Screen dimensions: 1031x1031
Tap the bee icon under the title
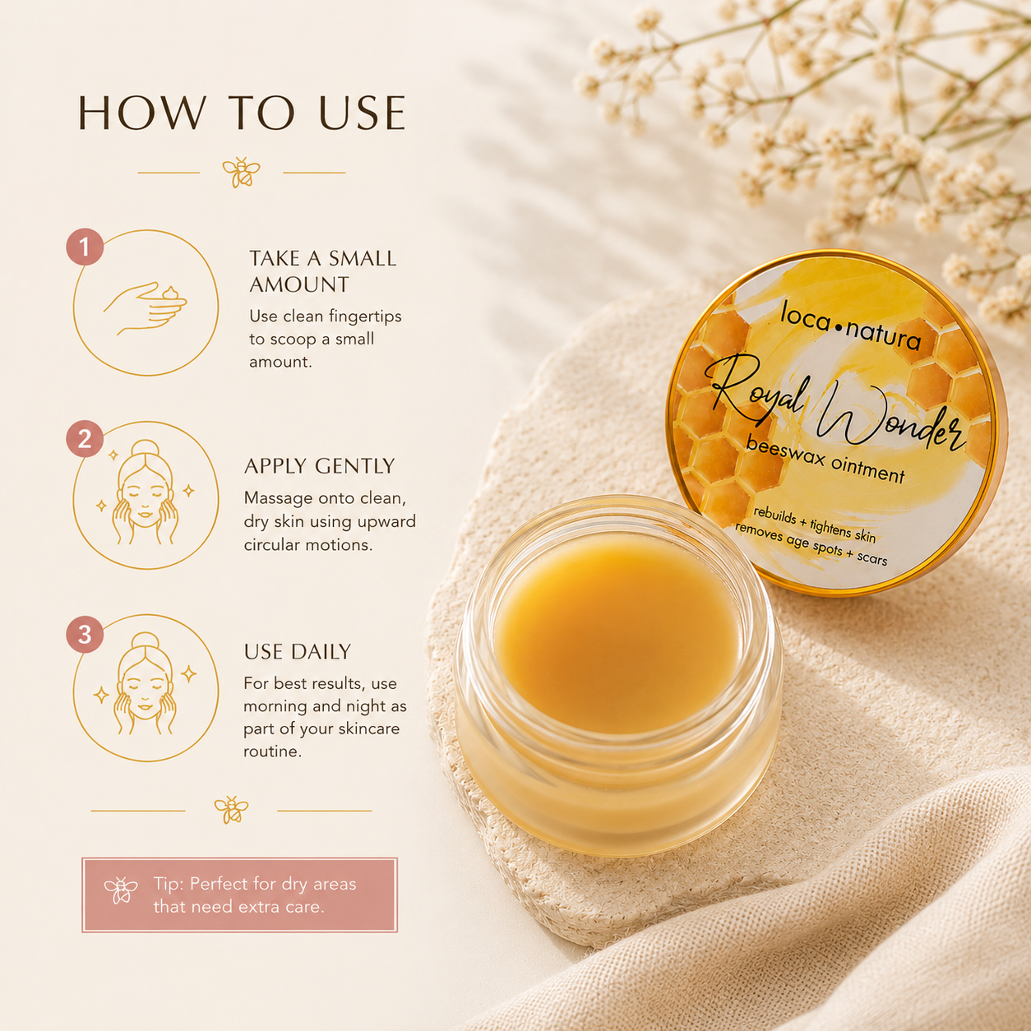tap(241, 172)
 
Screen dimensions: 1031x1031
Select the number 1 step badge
tap(85, 247)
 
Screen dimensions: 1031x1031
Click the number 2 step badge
tap(85, 439)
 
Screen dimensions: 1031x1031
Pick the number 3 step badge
tap(85, 634)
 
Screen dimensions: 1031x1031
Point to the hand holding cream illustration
tap(145, 309)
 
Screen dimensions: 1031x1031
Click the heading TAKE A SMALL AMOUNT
tap(322, 271)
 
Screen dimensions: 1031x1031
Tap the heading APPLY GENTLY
tap(319, 466)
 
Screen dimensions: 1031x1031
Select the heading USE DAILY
tap(298, 652)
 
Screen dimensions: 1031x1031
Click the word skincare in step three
tap(368, 728)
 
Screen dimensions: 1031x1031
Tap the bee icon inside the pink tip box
tap(120, 890)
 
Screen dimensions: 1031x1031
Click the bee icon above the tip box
tap(231, 810)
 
